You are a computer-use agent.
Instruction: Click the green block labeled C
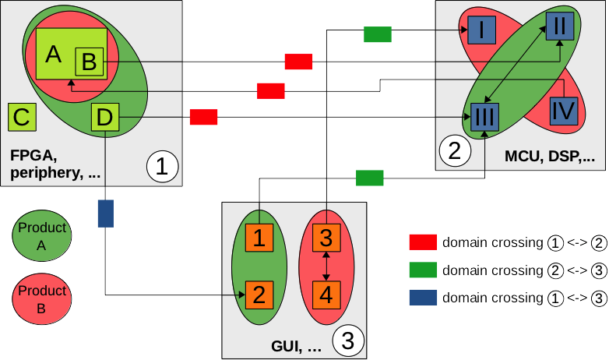21,118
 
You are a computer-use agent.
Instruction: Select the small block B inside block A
89,61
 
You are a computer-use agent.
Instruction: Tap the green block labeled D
105,118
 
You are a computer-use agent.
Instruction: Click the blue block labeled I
482,31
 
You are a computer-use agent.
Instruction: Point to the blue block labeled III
484,118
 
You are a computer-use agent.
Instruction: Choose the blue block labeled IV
563,111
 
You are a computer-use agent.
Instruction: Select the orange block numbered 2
259,295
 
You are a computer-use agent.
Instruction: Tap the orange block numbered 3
326,236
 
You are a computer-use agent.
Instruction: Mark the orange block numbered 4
326,295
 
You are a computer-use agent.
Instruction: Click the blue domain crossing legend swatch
422,298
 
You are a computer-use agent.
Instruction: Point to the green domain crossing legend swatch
422,270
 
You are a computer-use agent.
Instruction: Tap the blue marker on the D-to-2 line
106,214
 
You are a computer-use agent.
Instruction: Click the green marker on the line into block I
377,34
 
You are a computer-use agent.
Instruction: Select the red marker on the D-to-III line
203,118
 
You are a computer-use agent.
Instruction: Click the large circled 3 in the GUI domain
348,340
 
